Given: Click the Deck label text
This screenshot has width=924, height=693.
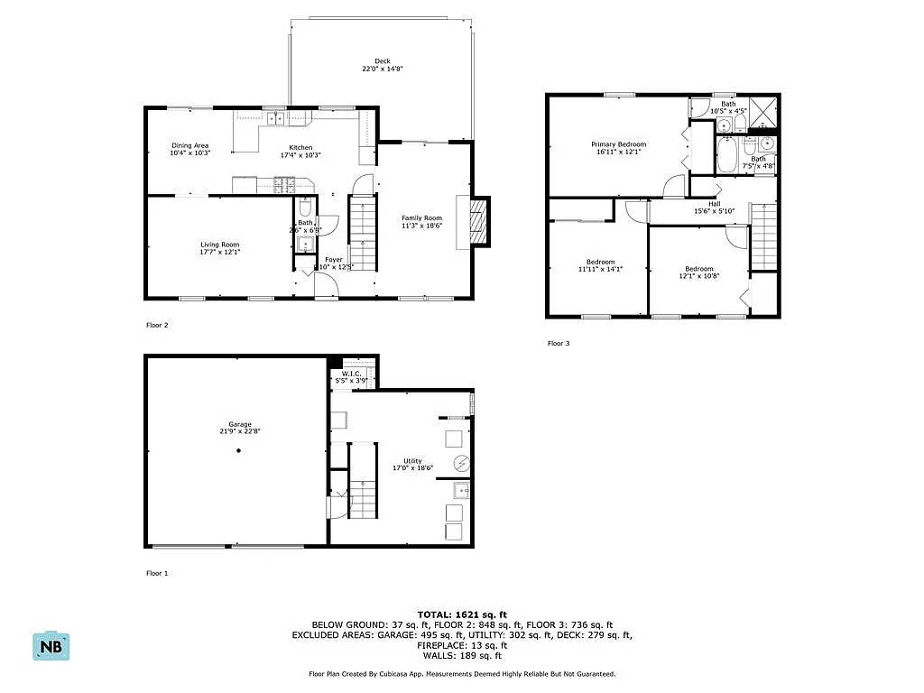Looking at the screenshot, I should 383,61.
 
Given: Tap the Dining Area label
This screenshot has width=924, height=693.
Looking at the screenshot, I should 190,145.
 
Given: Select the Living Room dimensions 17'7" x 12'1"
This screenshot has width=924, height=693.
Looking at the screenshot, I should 219,252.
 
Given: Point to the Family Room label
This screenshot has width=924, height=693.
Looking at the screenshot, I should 421,217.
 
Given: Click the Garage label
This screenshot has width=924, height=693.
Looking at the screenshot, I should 239,424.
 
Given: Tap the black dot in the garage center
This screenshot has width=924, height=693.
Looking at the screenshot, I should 239,451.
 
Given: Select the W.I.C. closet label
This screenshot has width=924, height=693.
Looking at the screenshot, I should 351,374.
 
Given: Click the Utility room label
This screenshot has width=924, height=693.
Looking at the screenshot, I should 412,461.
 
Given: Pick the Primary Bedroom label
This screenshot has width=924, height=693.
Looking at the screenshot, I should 618,144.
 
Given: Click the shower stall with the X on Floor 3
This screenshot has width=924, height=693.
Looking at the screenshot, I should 765,112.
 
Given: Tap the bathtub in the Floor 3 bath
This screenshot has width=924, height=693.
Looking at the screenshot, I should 726,155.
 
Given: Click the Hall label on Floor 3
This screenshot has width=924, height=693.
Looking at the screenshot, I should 714,204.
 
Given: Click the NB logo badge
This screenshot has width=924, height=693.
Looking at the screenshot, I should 51,645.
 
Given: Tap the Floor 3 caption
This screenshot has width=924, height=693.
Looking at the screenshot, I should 559,343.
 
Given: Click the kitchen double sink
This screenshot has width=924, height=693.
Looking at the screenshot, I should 274,117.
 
